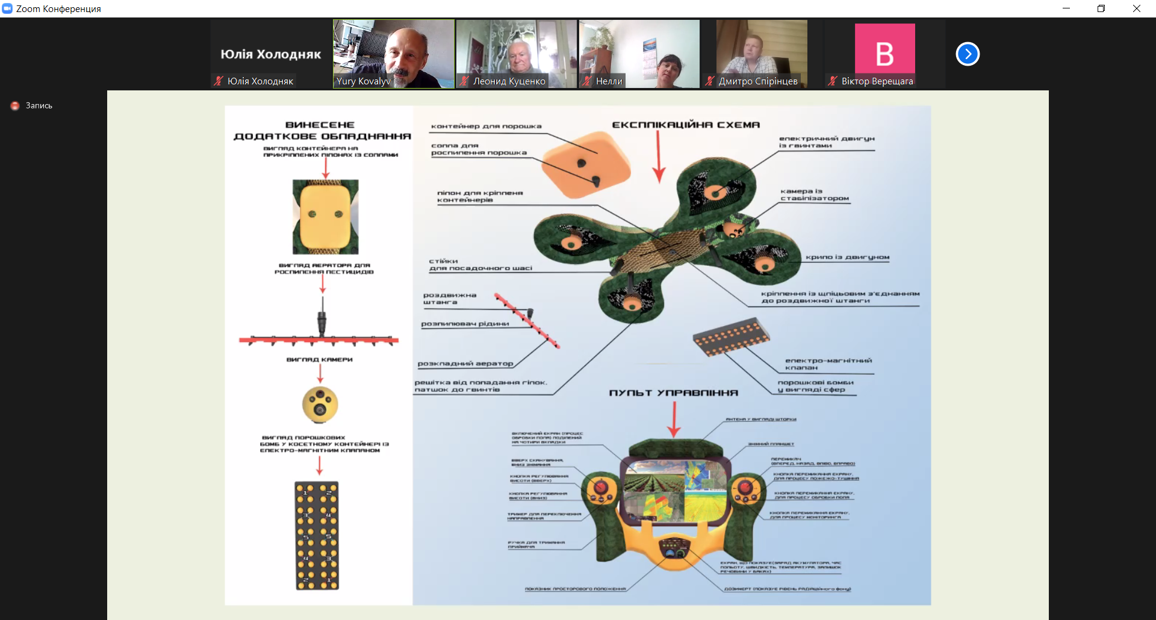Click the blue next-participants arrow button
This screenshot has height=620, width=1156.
[x=968, y=54]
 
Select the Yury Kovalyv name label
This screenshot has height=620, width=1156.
[x=364, y=81]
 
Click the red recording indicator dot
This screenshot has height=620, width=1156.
[x=15, y=105]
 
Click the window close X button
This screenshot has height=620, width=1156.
[x=1136, y=8]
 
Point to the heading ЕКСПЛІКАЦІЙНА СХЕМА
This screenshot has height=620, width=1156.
[x=686, y=125]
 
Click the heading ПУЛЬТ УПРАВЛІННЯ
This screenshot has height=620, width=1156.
[x=673, y=393]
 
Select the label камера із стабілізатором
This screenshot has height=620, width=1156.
[x=814, y=195]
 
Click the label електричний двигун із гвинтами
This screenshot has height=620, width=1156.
[x=826, y=142]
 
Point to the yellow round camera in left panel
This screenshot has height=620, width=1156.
[x=320, y=404]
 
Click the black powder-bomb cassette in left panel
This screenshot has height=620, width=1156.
[x=317, y=535]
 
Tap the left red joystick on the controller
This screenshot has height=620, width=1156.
[x=600, y=488]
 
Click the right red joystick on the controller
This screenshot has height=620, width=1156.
[x=745, y=487]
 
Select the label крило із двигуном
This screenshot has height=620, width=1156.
[x=847, y=257]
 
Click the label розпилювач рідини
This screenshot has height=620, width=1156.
[x=465, y=324]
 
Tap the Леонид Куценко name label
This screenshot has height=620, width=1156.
[x=509, y=81]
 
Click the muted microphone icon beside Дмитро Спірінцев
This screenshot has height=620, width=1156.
[x=710, y=81]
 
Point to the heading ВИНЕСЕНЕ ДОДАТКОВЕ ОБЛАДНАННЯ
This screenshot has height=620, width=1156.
[x=322, y=131]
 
